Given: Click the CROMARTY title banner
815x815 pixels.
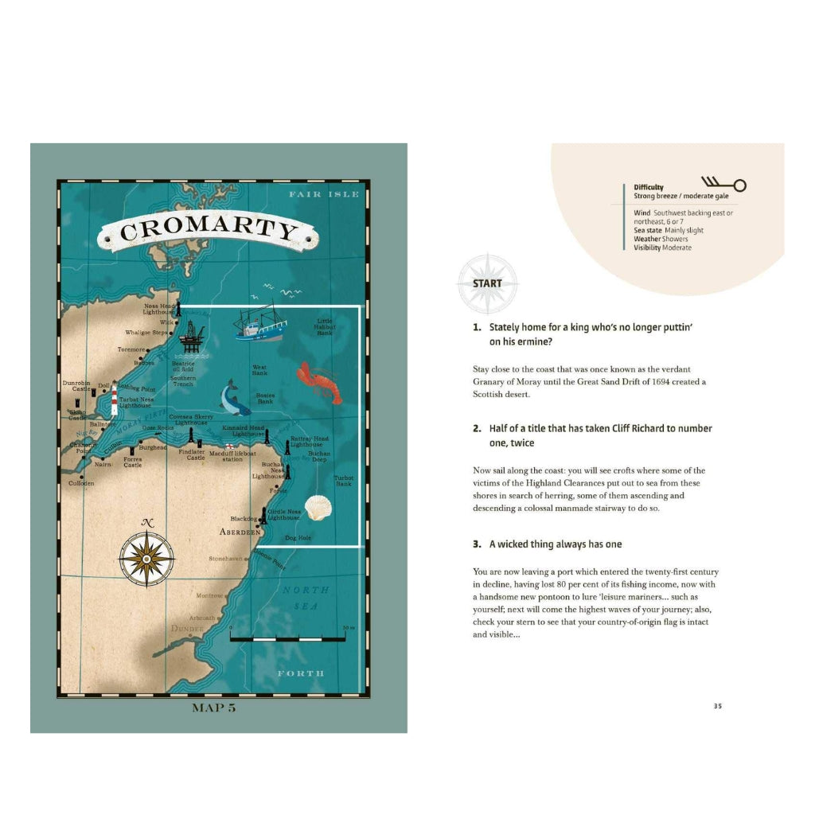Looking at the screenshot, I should coord(209,230).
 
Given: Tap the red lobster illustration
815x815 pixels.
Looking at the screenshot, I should coord(318,383).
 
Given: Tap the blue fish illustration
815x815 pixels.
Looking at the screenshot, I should coord(233,398).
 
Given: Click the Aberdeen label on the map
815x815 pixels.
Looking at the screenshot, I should coord(240,531).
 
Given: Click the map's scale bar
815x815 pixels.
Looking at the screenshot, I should coord(287,638).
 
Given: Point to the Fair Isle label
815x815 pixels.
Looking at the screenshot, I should coord(324,194).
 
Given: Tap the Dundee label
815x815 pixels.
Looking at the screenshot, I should coord(187,629).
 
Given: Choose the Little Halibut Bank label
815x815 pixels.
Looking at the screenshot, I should coord(325,327).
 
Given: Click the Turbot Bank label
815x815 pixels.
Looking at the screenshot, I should coord(343,480).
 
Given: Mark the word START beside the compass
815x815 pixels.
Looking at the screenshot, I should coord(487,283).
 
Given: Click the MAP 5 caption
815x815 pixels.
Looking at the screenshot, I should coord(214,708).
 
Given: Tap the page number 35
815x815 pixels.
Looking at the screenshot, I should coord(717,706).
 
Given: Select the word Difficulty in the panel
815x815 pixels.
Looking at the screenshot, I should coord(649,188).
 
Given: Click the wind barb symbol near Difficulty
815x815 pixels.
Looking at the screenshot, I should coord(723,185).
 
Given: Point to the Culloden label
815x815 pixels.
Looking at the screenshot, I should coord(80,483).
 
